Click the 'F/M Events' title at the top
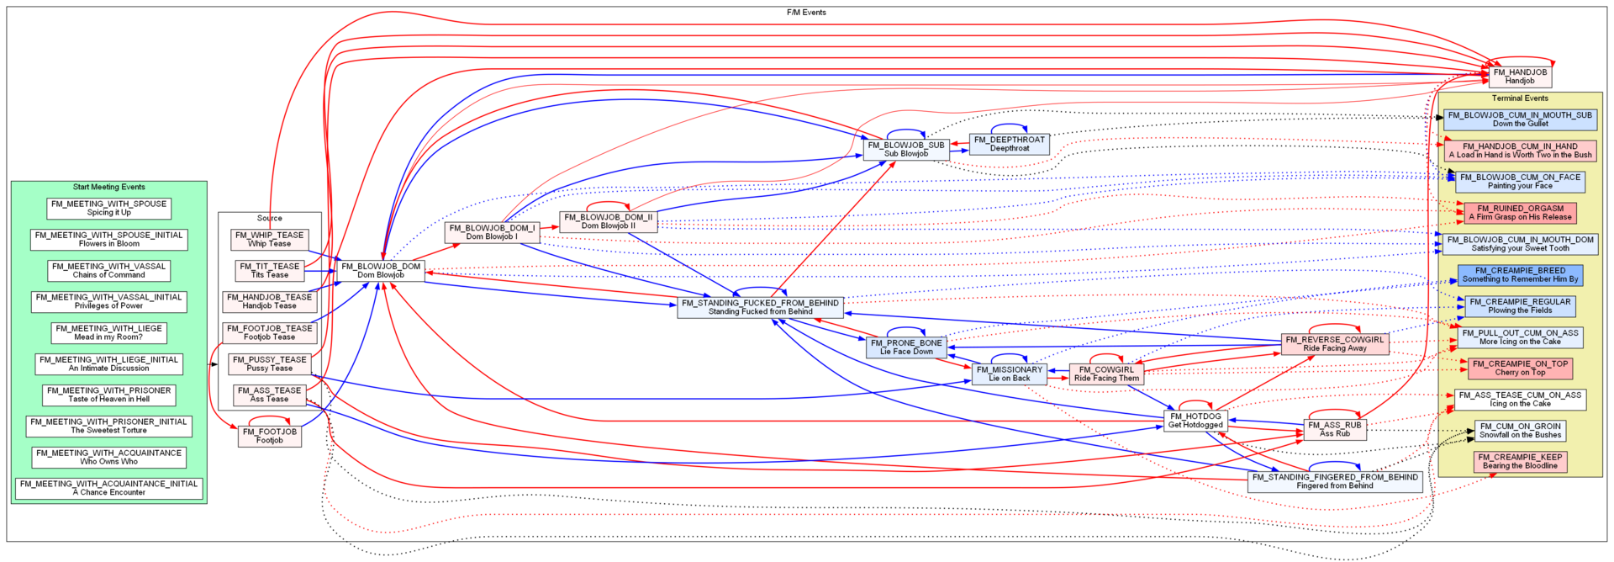point(806,13)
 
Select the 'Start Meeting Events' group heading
point(109,187)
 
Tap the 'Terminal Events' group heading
point(1520,98)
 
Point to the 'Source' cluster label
point(269,218)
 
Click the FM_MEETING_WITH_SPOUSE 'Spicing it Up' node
point(109,208)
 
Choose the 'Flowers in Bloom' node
point(109,239)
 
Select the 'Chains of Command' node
point(109,270)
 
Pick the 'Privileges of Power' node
point(109,301)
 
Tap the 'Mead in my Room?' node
point(109,332)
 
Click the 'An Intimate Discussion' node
point(109,363)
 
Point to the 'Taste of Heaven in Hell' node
point(109,395)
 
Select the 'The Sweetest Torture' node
point(109,426)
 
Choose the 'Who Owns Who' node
point(109,457)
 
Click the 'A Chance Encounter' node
point(109,488)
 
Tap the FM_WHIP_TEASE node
point(269,239)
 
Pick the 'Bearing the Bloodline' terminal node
point(1520,461)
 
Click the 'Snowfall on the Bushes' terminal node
point(1520,430)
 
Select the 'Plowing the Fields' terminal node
point(1520,305)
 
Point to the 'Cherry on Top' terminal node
point(1520,368)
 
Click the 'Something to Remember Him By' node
point(1520,274)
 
